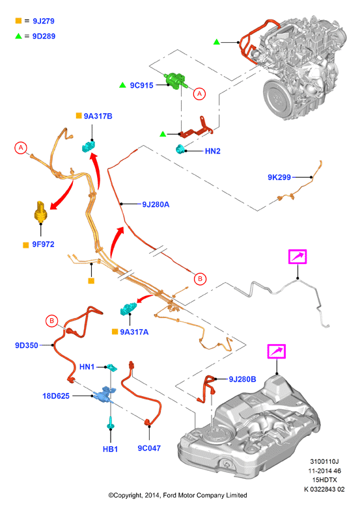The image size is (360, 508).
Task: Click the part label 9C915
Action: pyautogui.click(x=141, y=85)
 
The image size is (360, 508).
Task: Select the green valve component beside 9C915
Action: pyautogui.click(x=176, y=81)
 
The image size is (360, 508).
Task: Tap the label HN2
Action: pyautogui.click(x=212, y=151)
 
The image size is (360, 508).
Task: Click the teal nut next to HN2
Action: pyautogui.click(x=180, y=149)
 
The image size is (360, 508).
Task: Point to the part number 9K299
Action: pyautogui.click(x=279, y=177)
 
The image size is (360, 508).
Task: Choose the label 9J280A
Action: pyautogui.click(x=156, y=204)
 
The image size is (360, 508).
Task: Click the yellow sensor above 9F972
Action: pyautogui.click(x=41, y=211)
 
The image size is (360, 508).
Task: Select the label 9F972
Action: pyautogui.click(x=43, y=245)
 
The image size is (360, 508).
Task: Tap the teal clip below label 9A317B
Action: pyautogui.click(x=89, y=146)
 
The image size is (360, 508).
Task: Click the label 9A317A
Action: pyautogui.click(x=134, y=332)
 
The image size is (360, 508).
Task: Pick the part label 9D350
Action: pyautogui.click(x=27, y=345)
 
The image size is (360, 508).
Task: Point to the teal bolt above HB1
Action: pyautogui.click(x=111, y=423)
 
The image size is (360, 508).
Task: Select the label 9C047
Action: pyautogui.click(x=149, y=448)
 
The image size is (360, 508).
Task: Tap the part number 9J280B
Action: pyautogui.click(x=243, y=379)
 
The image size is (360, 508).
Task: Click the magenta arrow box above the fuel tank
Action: pyautogui.click(x=276, y=351)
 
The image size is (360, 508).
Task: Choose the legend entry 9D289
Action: pyautogui.click(x=44, y=36)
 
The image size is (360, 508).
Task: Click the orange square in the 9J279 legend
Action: pyautogui.click(x=18, y=21)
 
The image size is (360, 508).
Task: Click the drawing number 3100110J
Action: pyautogui.click(x=324, y=461)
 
